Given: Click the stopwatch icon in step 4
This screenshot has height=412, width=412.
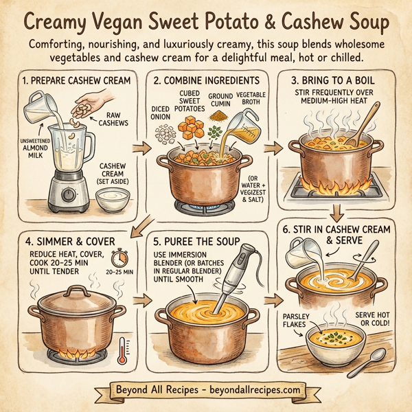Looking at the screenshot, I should coord(121,258).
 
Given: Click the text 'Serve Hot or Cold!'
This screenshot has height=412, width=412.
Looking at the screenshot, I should coord(373,319).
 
